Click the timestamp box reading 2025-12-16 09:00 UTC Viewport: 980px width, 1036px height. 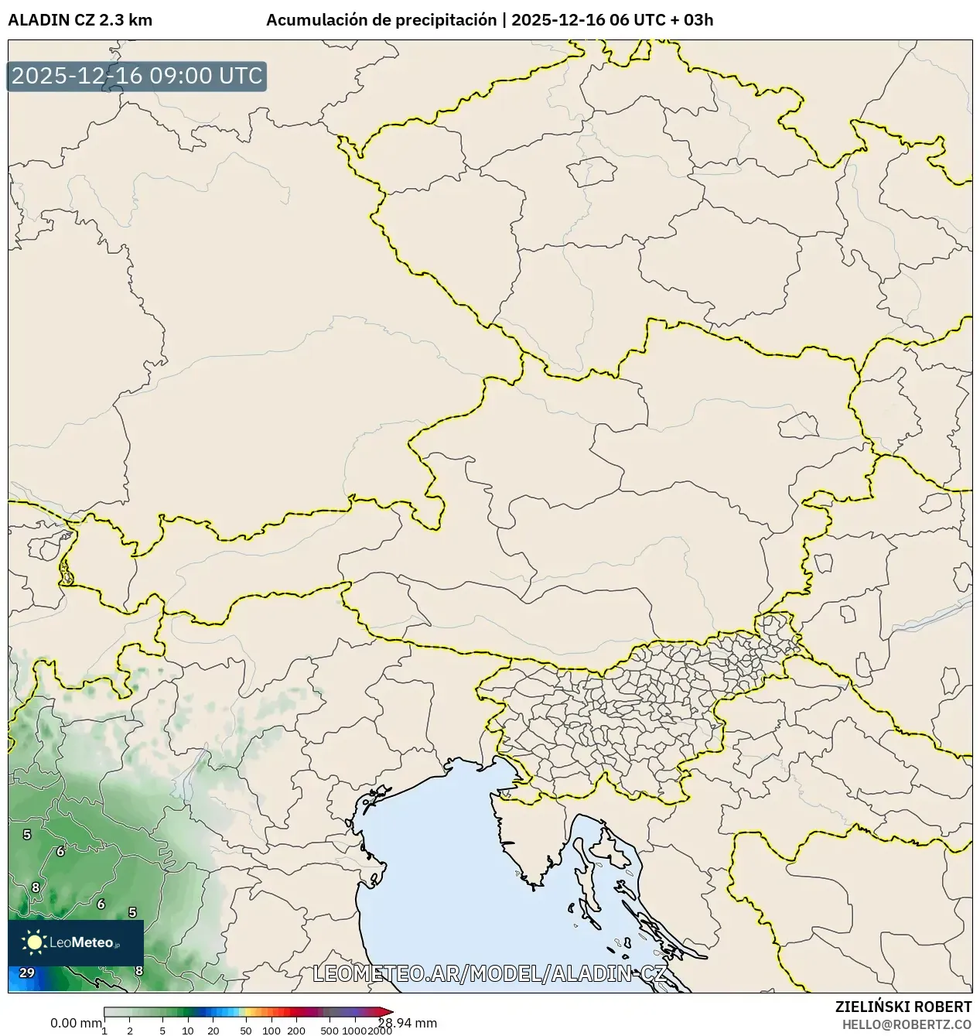(x=137, y=77)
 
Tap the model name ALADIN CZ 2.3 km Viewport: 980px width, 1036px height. (x=80, y=20)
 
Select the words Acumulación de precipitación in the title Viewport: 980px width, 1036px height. (x=381, y=20)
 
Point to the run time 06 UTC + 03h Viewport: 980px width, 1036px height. (x=661, y=20)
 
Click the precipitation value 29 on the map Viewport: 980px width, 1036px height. (x=27, y=973)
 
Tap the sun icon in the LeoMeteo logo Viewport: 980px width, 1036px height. (x=34, y=942)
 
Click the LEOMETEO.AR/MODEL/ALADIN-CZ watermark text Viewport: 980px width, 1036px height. (x=490, y=973)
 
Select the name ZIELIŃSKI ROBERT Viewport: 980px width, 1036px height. (x=903, y=1007)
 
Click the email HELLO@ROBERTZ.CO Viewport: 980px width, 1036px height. (x=907, y=1024)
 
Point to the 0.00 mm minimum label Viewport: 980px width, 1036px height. (x=76, y=1023)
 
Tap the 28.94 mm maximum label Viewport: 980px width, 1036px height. (x=408, y=1023)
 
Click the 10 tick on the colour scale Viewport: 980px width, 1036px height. (x=188, y=1031)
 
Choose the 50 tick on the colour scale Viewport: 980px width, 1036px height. (x=246, y=1031)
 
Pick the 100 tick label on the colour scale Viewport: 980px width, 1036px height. (x=271, y=1031)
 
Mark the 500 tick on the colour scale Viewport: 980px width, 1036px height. (x=330, y=1031)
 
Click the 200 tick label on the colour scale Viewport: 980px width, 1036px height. (x=296, y=1031)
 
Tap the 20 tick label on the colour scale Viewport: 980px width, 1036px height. (x=213, y=1031)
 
